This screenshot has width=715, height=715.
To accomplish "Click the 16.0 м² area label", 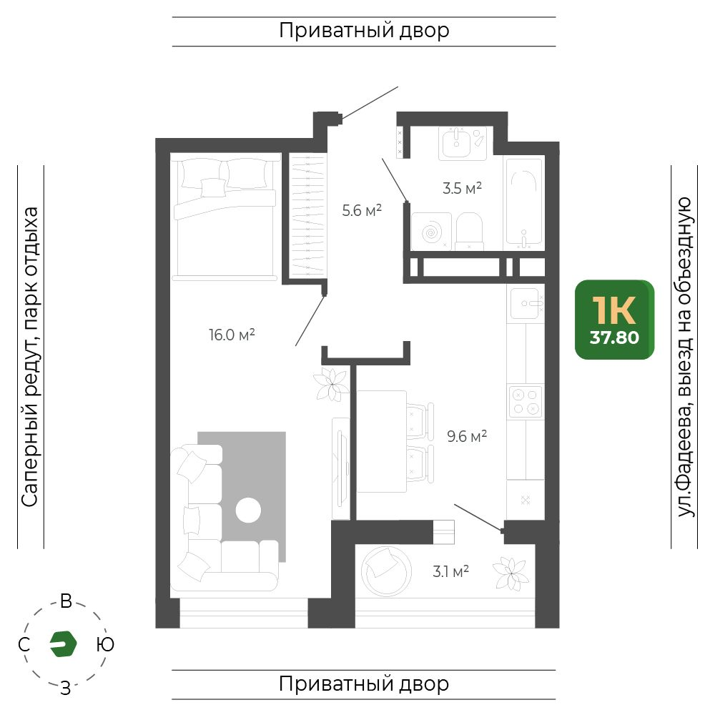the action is tap(232, 335).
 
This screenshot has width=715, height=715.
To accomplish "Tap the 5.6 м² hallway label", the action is tap(362, 210).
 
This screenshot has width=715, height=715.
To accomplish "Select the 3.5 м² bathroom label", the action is tap(462, 188).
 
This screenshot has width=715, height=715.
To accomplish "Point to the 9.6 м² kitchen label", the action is tap(467, 436).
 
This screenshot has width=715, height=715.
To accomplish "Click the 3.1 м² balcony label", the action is tap(451, 571).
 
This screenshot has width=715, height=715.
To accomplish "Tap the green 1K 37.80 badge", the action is tap(614, 320).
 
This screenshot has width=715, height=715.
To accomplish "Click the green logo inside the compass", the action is tap(63, 644).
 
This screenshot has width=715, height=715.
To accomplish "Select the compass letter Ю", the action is tap(105, 644).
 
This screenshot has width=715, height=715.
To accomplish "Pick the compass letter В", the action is tap(66, 601).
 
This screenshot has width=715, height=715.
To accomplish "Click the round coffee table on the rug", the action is tap(248, 510).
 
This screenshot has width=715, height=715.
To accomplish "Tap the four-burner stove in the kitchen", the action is tap(526, 402).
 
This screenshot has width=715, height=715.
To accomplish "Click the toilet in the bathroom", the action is tap(469, 231).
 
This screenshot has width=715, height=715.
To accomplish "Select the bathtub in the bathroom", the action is tap(523, 203).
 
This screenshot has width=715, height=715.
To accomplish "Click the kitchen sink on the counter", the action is tap(527, 303).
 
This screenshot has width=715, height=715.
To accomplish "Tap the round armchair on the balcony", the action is tap(386, 571).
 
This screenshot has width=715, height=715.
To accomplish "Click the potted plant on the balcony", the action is tap(511, 573).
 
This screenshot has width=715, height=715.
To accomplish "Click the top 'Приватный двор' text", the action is tap(364, 31).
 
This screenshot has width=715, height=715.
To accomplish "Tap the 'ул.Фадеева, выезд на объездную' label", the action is tap(684, 357).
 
